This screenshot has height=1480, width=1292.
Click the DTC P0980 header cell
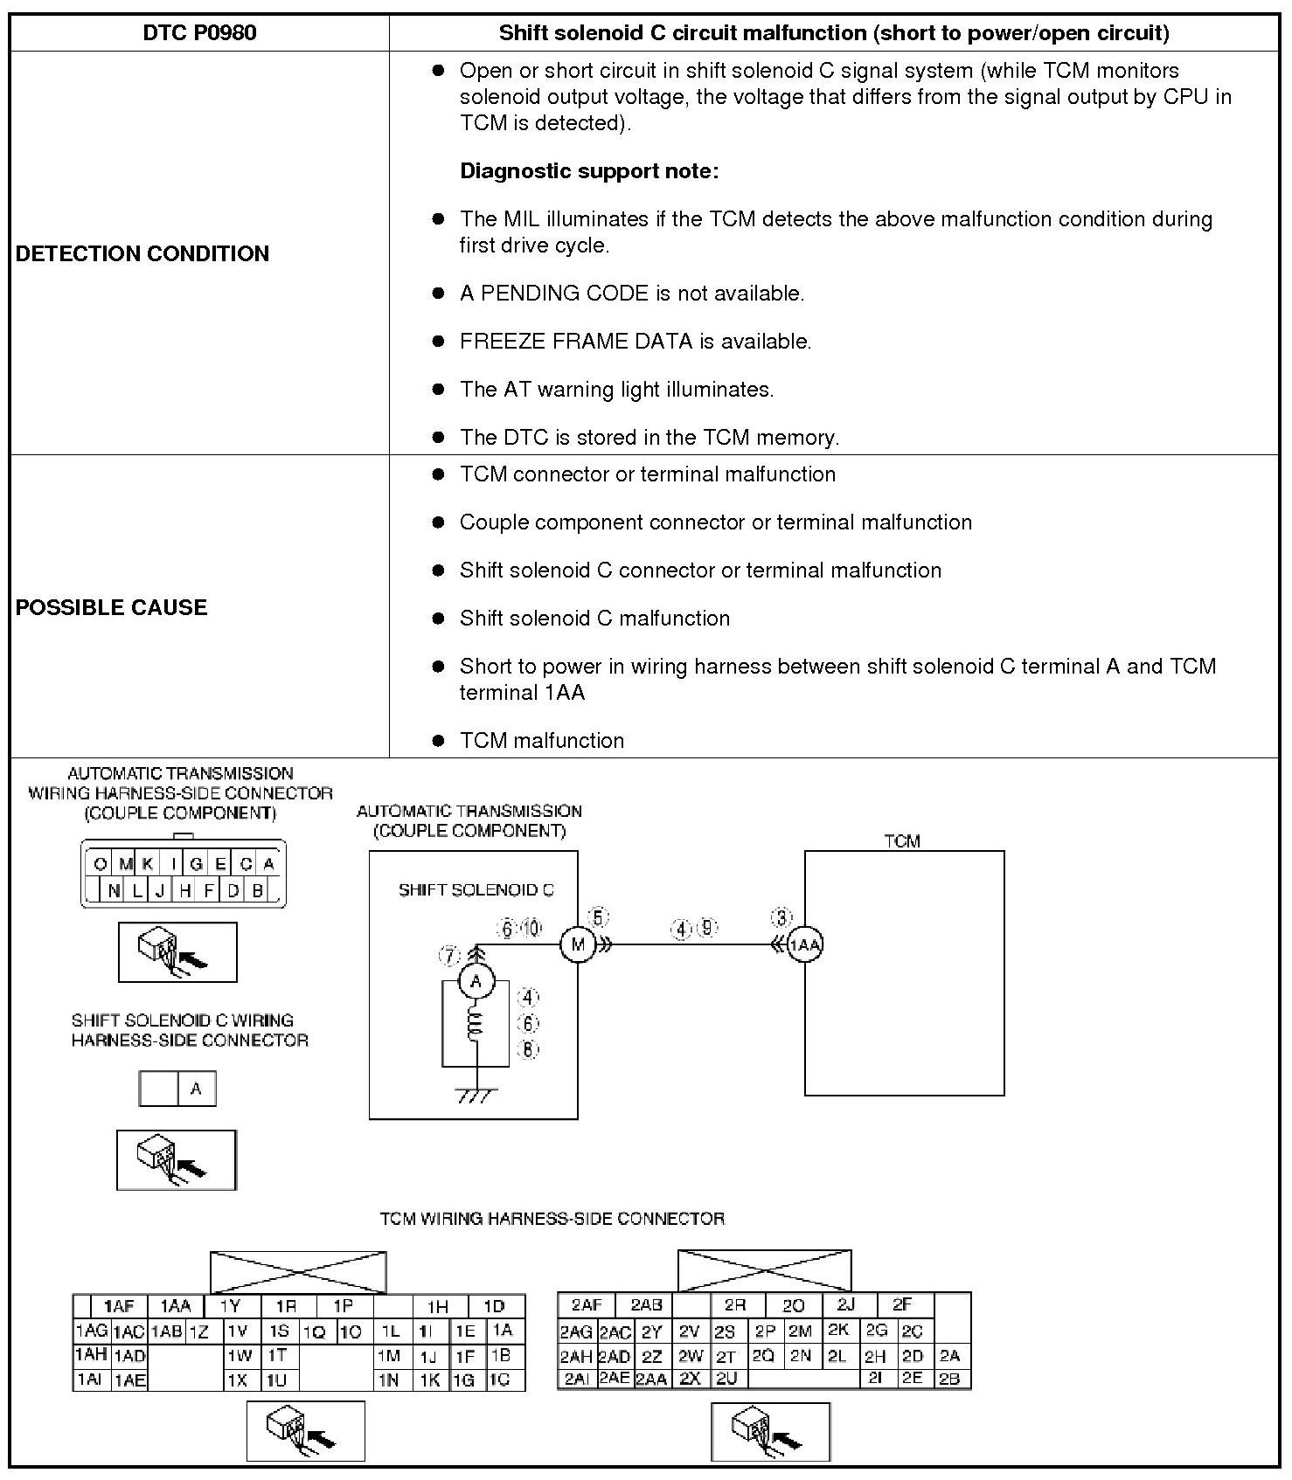[x=199, y=33]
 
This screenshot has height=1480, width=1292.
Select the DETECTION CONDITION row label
[x=142, y=253]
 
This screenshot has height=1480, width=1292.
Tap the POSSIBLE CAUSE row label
[x=112, y=607]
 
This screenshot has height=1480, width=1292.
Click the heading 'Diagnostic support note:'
[x=589, y=171]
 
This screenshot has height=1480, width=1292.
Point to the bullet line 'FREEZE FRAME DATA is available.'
[x=636, y=342]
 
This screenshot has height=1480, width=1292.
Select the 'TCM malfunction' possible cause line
[x=542, y=741]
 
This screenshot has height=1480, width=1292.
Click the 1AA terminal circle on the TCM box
[x=804, y=944]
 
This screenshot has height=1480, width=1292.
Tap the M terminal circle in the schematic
[x=577, y=944]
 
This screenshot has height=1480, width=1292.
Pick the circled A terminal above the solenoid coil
[x=476, y=982]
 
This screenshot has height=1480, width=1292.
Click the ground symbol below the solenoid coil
[x=476, y=1095]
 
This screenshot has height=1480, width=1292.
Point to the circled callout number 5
[x=599, y=917]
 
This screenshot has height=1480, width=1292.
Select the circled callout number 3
[x=781, y=917]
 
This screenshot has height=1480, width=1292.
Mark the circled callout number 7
[x=449, y=957]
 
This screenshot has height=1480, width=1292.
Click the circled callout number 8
[x=528, y=1049]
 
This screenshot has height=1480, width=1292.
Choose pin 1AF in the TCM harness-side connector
[x=119, y=1307]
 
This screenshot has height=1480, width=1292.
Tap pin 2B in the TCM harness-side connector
[x=950, y=1380]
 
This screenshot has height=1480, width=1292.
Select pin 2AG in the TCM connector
[x=576, y=1332]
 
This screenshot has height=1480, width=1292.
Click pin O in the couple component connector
[x=101, y=864]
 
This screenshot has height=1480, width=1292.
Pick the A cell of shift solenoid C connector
[x=196, y=1089]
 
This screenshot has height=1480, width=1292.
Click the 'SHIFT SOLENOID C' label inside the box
[x=476, y=890]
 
